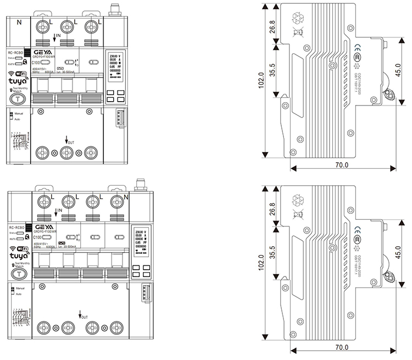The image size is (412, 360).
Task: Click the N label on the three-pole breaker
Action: [x=20, y=23]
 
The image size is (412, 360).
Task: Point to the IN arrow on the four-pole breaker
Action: [x=55, y=211]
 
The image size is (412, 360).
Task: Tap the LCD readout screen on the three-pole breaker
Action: [x=115, y=70]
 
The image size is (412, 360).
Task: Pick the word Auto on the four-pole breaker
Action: [x=18, y=294]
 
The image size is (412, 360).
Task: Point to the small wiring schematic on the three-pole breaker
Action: [x=20, y=141]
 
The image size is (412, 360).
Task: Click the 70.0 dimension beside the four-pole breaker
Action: [x=342, y=347]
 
